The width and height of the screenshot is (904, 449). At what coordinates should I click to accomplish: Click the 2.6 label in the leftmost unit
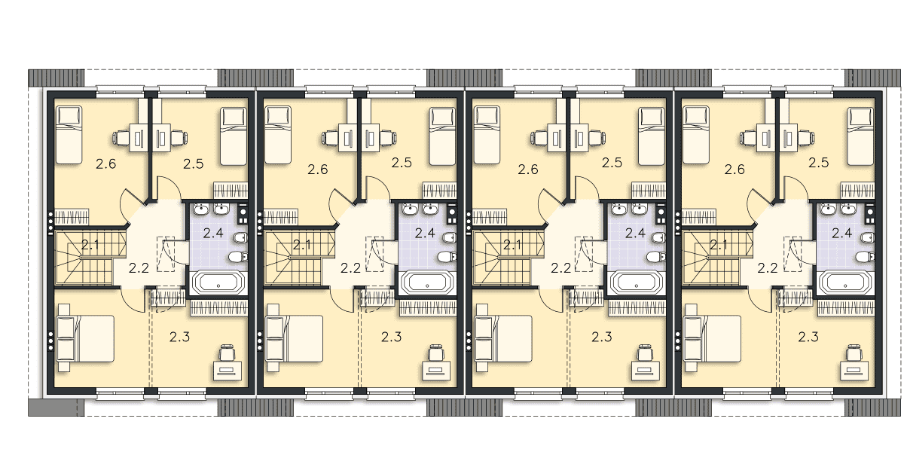(x=106, y=163)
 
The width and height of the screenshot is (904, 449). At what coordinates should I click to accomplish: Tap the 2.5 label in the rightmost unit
(x=819, y=163)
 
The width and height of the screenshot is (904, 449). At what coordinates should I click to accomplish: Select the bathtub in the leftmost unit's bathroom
(x=218, y=283)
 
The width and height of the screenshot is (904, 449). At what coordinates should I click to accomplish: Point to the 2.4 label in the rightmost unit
(x=842, y=233)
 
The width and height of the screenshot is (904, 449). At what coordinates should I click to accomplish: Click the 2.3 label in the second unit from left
(x=392, y=337)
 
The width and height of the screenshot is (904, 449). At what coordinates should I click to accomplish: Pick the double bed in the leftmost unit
(x=86, y=338)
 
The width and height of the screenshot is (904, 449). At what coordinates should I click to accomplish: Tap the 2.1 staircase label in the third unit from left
(x=512, y=245)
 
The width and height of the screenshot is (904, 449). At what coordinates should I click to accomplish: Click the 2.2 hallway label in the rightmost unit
(x=768, y=268)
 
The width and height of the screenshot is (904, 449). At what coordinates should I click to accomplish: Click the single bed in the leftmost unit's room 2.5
(x=234, y=136)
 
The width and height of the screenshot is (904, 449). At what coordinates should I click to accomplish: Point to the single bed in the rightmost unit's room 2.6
(x=696, y=135)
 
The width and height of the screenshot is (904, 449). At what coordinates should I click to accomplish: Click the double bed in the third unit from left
(x=504, y=338)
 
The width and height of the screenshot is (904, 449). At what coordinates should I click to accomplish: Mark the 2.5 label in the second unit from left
(x=402, y=163)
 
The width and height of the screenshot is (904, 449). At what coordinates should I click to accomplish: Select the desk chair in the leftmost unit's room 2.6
(x=121, y=138)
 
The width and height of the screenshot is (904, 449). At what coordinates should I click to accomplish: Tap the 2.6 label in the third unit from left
(x=528, y=169)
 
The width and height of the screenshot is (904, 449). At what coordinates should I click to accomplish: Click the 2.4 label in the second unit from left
(x=425, y=233)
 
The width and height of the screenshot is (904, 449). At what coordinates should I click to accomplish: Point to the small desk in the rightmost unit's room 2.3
(x=854, y=371)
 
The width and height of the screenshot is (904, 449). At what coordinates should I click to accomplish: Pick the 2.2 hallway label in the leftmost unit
(x=139, y=268)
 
